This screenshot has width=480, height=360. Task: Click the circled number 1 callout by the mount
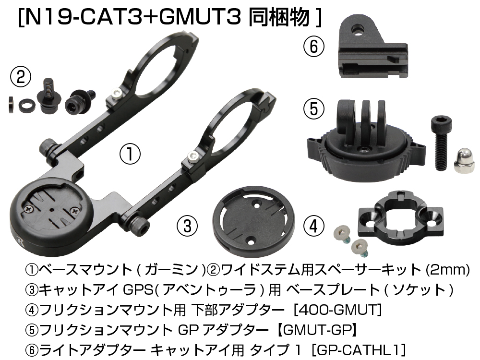[130, 154]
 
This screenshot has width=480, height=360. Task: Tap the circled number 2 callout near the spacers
[21, 77]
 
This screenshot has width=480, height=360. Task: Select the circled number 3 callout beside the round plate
[187, 226]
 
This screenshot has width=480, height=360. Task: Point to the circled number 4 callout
[314, 226]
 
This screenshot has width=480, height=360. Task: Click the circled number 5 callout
[314, 109]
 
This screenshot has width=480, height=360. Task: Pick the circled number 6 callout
[314, 47]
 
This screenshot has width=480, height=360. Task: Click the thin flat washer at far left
[11, 105]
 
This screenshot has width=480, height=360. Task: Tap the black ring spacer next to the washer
[26, 105]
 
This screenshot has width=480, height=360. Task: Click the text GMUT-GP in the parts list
[317, 330]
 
